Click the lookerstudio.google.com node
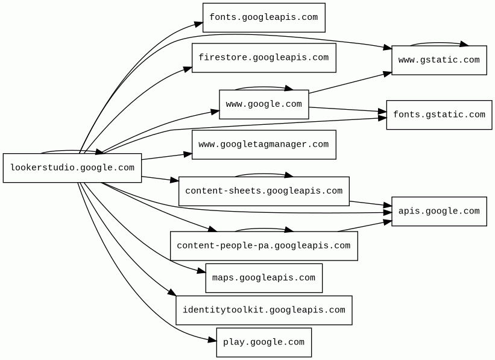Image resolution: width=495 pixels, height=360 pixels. point(72,168)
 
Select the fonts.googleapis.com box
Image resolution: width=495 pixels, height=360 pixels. point(263,17)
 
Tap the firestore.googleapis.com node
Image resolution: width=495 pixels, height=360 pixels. point(263,58)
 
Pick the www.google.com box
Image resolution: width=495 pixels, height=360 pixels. point(263,104)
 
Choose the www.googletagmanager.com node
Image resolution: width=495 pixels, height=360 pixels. point(263,145)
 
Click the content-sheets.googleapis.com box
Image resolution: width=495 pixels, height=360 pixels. point(263,191)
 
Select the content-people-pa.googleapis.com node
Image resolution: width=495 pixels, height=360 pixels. point(263,246)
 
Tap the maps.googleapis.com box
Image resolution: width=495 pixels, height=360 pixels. point(263,278)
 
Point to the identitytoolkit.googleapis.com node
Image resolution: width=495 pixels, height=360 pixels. point(263,310)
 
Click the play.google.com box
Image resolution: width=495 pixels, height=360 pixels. point(263,343)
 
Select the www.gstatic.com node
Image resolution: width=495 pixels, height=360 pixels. point(439,60)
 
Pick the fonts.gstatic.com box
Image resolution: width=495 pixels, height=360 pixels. point(439,115)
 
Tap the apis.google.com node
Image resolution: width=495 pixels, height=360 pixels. point(439,211)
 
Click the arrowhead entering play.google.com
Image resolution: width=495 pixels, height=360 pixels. point(212,341)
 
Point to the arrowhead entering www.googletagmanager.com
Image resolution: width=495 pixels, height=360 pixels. point(188,154)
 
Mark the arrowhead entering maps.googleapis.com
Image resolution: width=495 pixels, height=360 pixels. point(202,272)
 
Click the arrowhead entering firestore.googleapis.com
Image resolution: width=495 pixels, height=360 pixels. point(188,69)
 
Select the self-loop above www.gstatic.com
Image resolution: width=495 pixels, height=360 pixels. point(439,43)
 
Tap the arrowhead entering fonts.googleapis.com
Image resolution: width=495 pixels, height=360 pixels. point(199,24)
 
